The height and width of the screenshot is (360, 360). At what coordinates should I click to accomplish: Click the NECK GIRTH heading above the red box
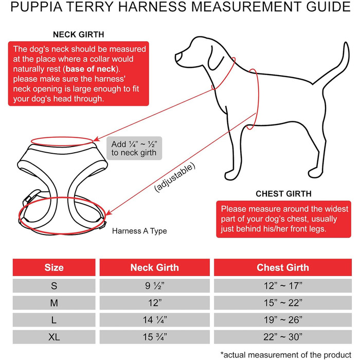pyautogui.click(x=79, y=35)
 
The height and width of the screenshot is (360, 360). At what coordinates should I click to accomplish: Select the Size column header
pyautogui.click(x=54, y=267)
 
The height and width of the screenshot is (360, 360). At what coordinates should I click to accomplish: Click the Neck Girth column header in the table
pyautogui.click(x=154, y=267)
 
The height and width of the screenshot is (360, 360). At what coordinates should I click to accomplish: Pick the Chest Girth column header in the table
pyautogui.click(x=283, y=267)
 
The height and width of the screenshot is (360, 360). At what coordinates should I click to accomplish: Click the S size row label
pyautogui.click(x=54, y=285)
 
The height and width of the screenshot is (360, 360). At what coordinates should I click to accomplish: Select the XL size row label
pyautogui.click(x=54, y=338)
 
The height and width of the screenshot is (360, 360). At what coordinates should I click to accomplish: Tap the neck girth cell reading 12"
pyautogui.click(x=154, y=303)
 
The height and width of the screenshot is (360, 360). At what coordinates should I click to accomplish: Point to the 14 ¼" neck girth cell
pyautogui.click(x=154, y=320)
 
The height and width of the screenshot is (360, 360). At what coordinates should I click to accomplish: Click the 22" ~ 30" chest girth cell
pyautogui.click(x=283, y=338)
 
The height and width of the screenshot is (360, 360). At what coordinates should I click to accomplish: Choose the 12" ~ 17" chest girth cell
pyautogui.click(x=283, y=285)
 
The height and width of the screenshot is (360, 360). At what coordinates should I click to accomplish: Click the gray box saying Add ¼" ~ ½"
pyautogui.click(x=134, y=148)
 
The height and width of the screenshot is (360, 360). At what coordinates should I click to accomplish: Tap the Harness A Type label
pyautogui.click(x=139, y=231)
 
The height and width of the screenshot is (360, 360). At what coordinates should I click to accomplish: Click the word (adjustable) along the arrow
pyautogui.click(x=175, y=177)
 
